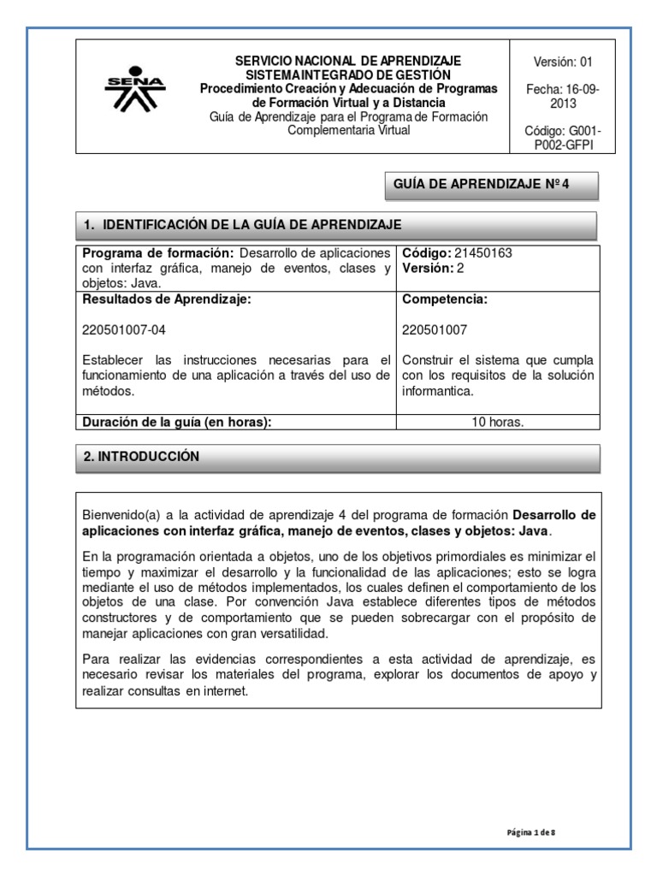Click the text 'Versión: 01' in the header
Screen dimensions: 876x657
(562, 62)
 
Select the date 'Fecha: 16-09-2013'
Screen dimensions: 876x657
(562, 96)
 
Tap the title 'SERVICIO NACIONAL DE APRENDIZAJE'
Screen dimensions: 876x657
(348, 61)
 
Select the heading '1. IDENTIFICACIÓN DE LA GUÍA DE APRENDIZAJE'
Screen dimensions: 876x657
(243, 225)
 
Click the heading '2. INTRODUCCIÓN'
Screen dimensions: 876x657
(141, 457)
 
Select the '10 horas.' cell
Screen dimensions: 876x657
(499, 422)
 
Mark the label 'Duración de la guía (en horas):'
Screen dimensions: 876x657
(176, 422)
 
